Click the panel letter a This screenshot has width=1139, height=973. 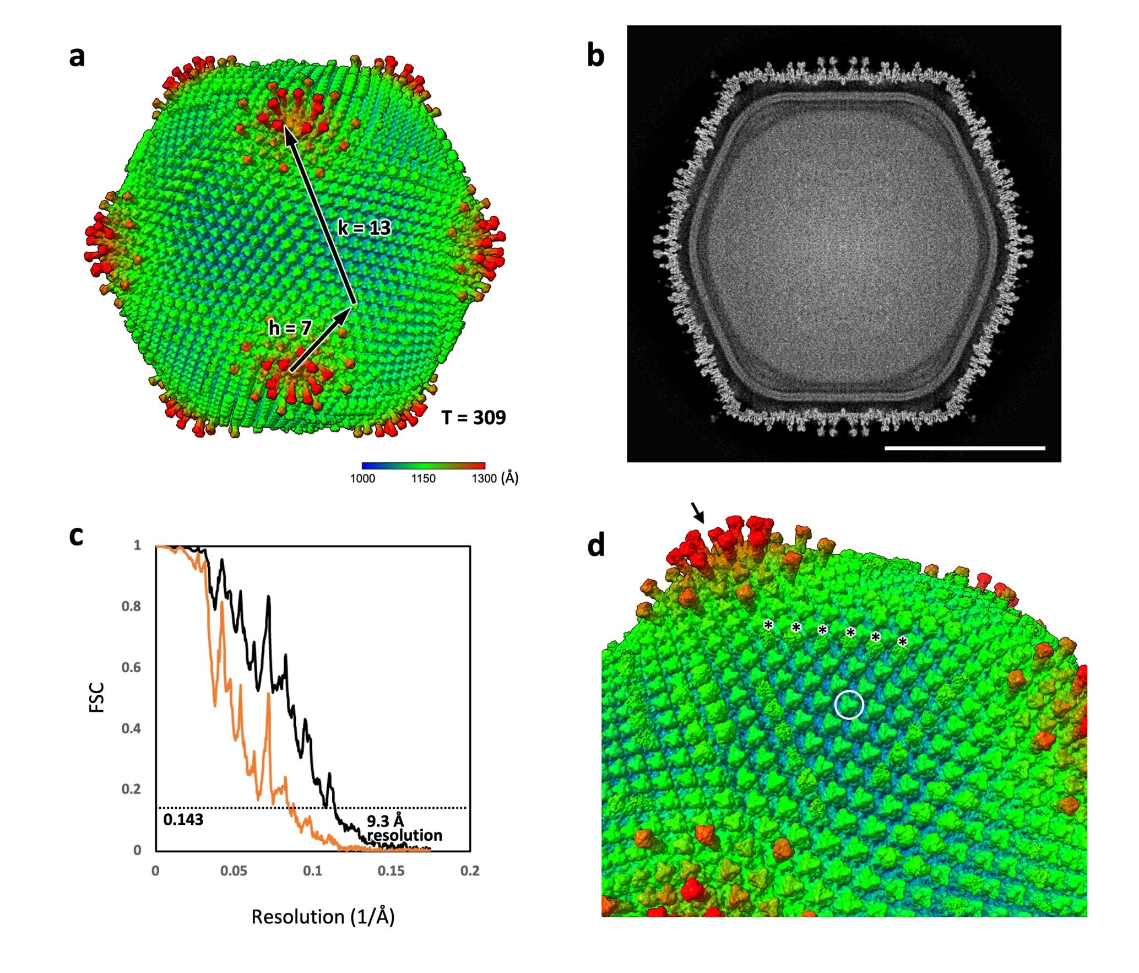tap(77, 56)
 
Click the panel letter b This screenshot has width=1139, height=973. tap(596, 56)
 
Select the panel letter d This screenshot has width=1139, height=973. tap(596, 545)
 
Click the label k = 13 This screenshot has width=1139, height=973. tap(364, 228)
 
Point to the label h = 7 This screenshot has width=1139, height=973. tap(290, 328)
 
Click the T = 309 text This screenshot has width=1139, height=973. tap(474, 418)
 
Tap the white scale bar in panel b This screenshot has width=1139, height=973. tap(964, 448)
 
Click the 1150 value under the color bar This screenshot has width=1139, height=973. tap(423, 478)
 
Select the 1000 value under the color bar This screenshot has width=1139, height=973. tap(362, 478)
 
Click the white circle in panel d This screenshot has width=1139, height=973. tap(849, 705)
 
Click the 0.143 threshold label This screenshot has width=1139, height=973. tap(183, 820)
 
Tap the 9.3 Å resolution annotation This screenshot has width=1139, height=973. tap(404, 828)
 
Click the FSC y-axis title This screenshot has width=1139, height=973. tap(96, 698)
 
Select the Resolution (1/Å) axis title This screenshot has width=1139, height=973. tap(323, 917)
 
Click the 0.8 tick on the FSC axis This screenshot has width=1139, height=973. tap(131, 606)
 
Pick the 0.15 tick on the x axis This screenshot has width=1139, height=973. tap(391, 871)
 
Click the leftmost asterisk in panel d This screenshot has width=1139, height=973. tap(768, 625)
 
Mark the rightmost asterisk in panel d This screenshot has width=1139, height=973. tap(902, 641)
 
